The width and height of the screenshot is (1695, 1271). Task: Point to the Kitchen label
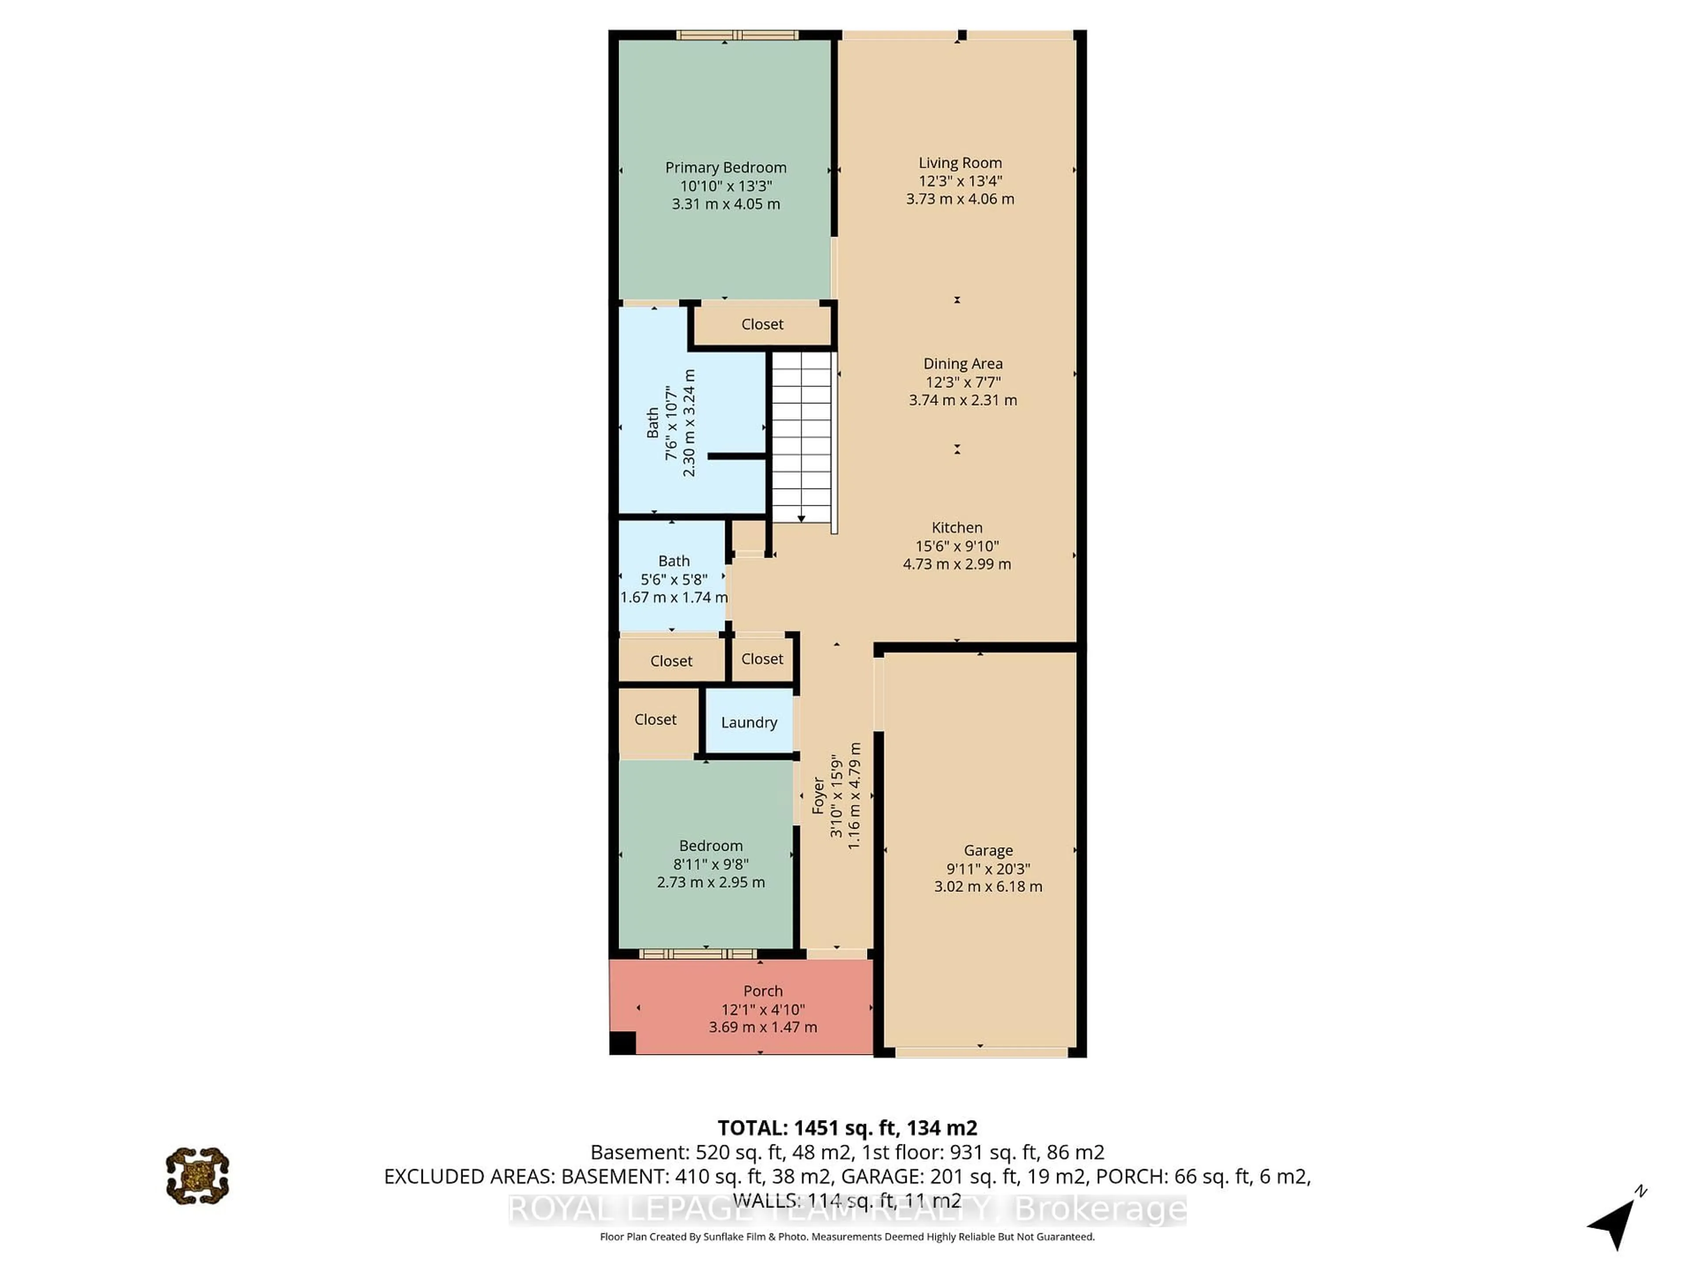(x=957, y=527)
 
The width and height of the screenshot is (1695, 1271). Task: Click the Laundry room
(x=749, y=722)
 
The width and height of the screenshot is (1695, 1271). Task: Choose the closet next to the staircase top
(x=762, y=324)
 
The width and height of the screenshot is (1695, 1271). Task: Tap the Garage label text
(x=988, y=850)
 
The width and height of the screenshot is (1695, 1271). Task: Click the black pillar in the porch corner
(x=622, y=1043)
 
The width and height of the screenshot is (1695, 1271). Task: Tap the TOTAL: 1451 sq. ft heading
(x=847, y=1128)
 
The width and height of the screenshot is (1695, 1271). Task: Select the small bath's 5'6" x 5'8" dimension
(x=674, y=579)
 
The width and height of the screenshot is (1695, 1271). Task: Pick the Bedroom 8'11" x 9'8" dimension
(x=710, y=863)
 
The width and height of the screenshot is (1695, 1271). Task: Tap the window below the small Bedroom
(x=697, y=954)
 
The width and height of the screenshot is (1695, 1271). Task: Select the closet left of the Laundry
(x=655, y=719)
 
